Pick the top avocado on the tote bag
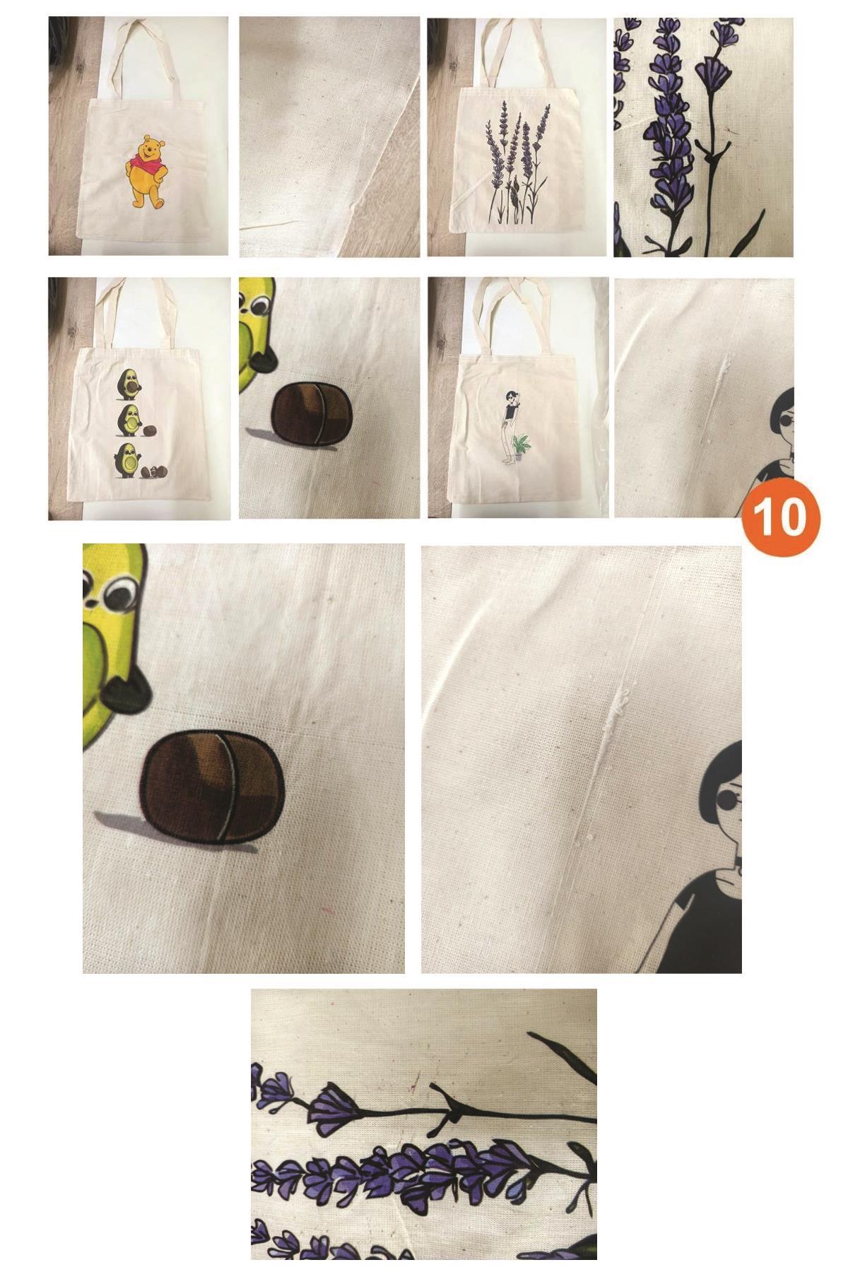[129, 382]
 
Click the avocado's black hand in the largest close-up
[127, 693]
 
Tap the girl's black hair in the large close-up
[717, 774]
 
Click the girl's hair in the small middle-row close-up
[781, 404]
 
